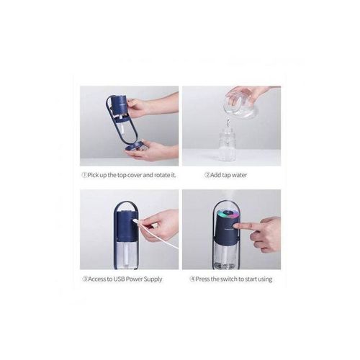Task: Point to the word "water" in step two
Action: coord(243,174)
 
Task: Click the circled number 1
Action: coord(83,174)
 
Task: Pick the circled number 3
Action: coord(83,278)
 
